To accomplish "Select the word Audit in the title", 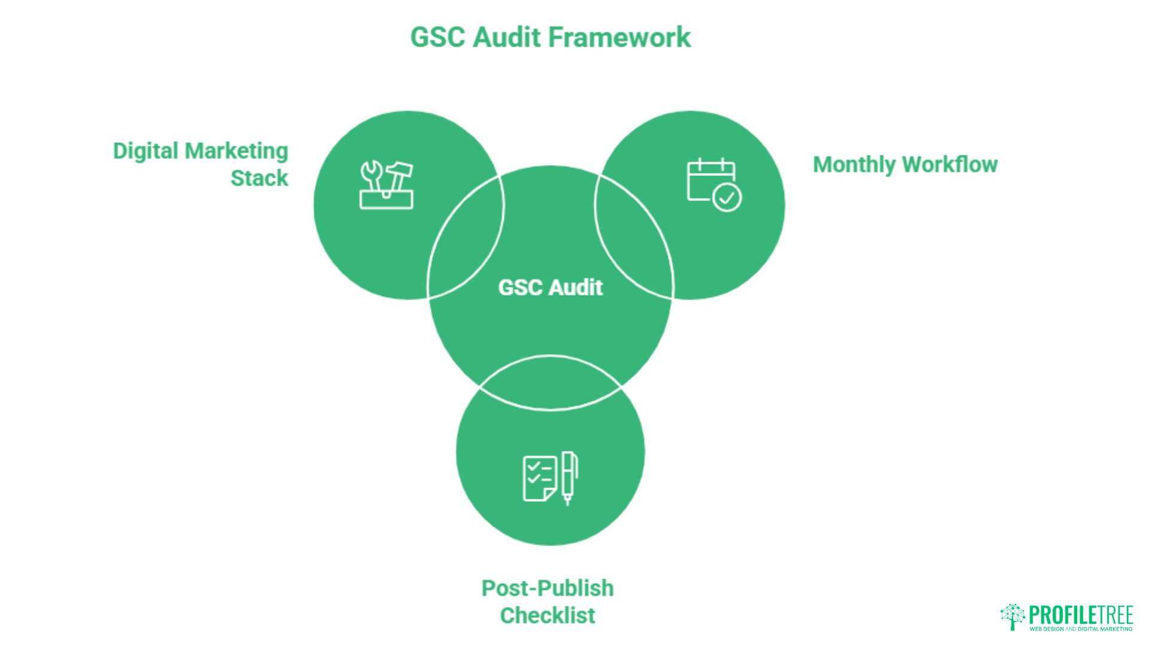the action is (507, 37).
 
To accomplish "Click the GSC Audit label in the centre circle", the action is (551, 288).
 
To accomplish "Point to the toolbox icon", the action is (387, 185).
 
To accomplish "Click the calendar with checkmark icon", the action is (714, 185).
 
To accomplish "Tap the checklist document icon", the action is (539, 479).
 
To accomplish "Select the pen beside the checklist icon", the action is (570, 479).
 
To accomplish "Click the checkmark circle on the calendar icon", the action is (727, 198).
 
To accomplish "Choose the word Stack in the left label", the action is (259, 178).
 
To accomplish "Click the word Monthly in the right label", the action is (854, 165).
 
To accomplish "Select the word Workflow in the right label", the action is (950, 164).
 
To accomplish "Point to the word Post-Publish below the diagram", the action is (548, 588).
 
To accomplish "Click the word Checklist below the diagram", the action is (548, 615).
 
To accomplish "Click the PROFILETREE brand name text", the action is (1081, 615).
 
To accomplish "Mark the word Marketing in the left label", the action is (237, 151).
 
